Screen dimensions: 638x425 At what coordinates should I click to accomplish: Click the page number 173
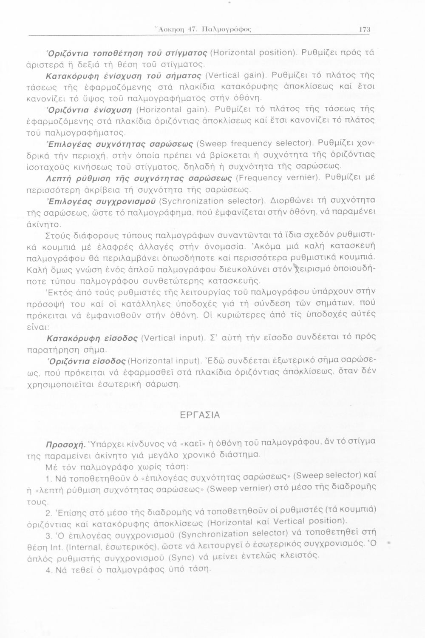pyautogui.click(x=365, y=29)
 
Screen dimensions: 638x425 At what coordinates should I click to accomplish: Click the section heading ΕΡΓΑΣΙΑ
pyautogui.click(x=199, y=415)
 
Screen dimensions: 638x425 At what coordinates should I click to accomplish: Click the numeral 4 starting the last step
pyautogui.click(x=48, y=570)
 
